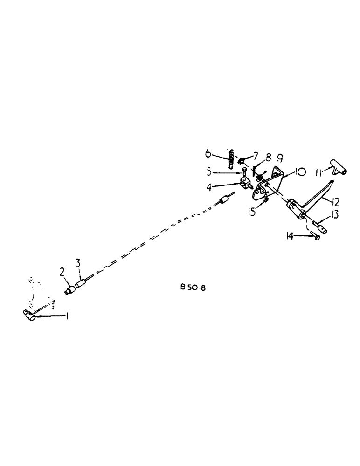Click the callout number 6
[208, 153]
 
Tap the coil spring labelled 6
[231, 160]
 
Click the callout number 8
[268, 158]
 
